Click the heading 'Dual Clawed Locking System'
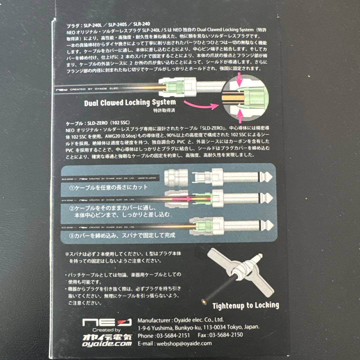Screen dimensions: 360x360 pyautogui.click(x=130, y=103)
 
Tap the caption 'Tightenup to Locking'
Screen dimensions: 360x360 pyautogui.click(x=246, y=305)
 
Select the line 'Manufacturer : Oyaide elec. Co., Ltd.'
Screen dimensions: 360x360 pyautogui.click(x=181, y=319)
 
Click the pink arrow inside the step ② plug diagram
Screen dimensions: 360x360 pyautogui.click(x=190, y=199)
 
